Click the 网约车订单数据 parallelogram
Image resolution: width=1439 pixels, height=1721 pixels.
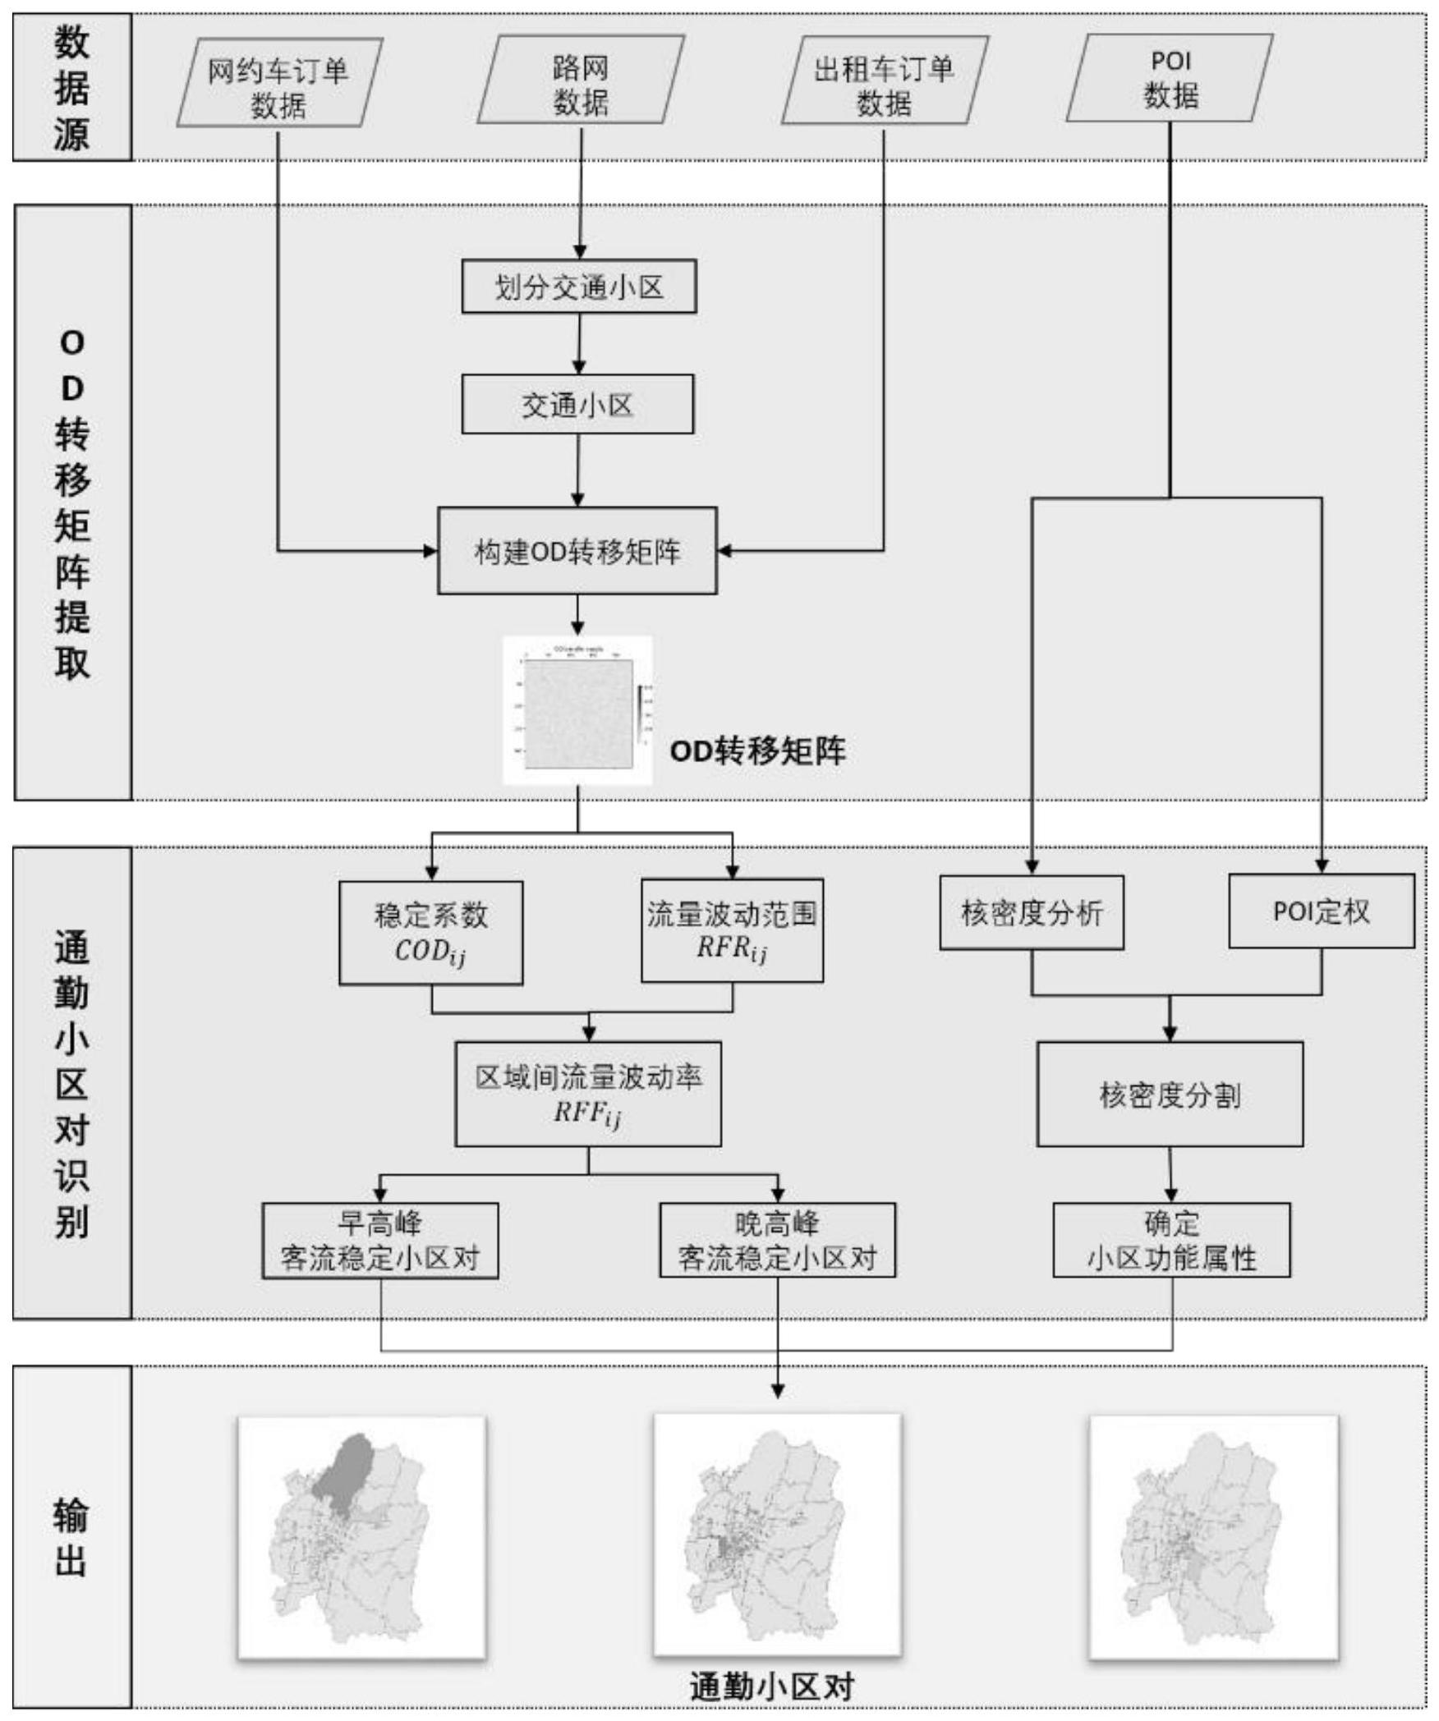click(279, 85)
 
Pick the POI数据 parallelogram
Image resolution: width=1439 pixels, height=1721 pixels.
click(1170, 79)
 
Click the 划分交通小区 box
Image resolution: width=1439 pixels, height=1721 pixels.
click(579, 287)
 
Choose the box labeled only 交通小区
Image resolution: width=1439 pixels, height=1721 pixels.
click(577, 404)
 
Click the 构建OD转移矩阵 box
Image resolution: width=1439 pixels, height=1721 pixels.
click(577, 551)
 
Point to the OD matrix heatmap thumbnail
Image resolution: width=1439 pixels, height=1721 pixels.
click(578, 710)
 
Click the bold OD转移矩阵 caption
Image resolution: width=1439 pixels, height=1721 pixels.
click(757, 751)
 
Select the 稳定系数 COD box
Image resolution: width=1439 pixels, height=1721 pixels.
click(431, 933)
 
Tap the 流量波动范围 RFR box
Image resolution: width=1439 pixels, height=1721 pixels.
click(732, 930)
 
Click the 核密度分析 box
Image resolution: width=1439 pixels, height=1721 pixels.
click(1032, 912)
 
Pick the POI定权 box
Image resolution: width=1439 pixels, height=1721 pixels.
click(1322, 911)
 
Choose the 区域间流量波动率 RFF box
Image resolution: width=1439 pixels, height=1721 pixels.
click(588, 1094)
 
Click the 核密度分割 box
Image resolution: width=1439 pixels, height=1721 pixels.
click(1170, 1094)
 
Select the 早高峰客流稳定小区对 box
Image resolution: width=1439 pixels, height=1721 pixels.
click(380, 1241)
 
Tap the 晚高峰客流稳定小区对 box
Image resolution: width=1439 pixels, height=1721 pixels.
click(778, 1241)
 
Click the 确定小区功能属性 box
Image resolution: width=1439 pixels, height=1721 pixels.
click(1171, 1241)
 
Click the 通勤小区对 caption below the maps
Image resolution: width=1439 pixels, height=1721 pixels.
click(772, 1687)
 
